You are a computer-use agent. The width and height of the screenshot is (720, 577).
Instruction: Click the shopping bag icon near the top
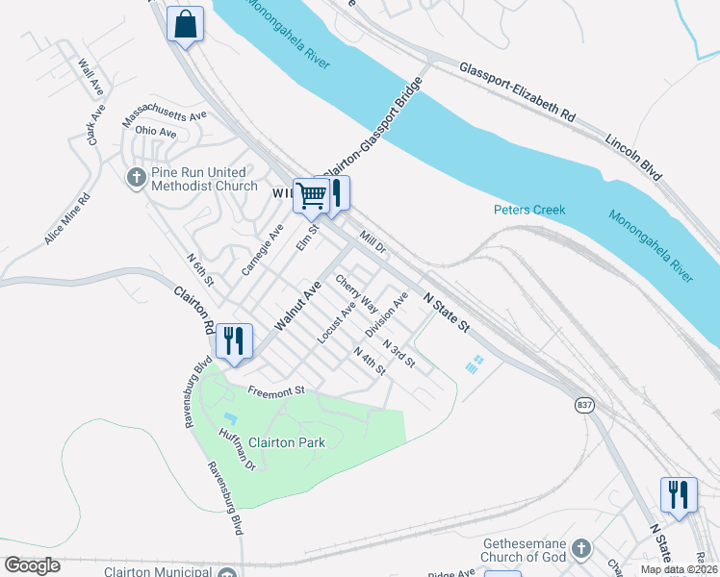(x=186, y=24)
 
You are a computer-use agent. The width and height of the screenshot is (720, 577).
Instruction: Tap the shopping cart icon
(x=311, y=196)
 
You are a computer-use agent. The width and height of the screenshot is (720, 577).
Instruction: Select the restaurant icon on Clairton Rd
(x=234, y=340)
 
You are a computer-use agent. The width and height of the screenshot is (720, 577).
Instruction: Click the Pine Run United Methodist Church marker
(x=136, y=177)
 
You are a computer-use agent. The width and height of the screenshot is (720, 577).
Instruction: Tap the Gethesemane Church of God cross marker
(x=579, y=549)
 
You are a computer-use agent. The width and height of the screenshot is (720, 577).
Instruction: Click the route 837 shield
(x=584, y=405)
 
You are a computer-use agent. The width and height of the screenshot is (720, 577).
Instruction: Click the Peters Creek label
(x=528, y=210)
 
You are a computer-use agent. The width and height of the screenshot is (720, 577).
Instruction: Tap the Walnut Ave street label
(x=296, y=307)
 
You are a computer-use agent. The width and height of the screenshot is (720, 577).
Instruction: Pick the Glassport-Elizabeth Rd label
(x=517, y=91)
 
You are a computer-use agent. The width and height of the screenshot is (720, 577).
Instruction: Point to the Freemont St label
(x=275, y=390)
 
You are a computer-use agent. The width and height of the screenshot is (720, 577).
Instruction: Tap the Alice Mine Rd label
(x=66, y=219)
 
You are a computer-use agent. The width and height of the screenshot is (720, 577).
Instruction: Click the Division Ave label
(x=386, y=314)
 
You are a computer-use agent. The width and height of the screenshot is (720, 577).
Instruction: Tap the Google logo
(x=32, y=565)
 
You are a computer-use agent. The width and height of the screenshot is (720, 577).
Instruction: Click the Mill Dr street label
(x=372, y=240)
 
